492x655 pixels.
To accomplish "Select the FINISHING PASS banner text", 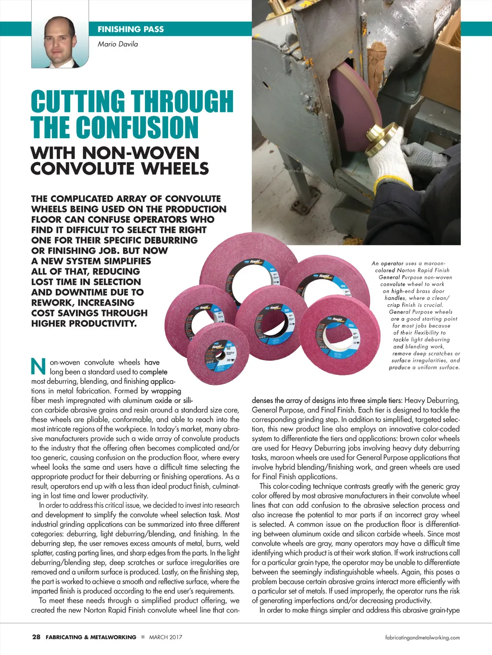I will pos(130,29).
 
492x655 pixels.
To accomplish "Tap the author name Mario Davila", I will pos(118,44).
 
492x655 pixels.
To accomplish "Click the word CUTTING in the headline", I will pos(77,101).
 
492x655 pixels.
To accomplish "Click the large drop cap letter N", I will pos(38,367).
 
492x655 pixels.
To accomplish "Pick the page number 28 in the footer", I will pos(36,637).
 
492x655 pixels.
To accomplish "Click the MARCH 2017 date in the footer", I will pos(166,637).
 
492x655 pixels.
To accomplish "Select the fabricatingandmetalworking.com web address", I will pos(422,638).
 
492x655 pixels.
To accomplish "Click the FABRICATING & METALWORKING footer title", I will pos(91,637).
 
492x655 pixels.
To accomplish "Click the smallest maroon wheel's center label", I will pos(223,354).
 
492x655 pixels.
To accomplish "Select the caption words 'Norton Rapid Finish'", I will pos(423,270).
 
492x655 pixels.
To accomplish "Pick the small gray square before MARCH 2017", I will pos(143,637).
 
